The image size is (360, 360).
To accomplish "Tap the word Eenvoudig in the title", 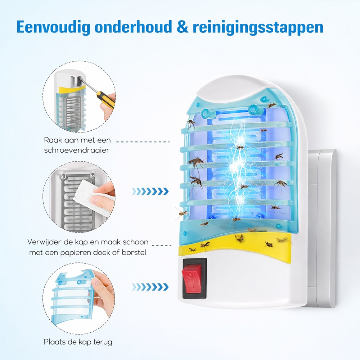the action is tap(53, 27).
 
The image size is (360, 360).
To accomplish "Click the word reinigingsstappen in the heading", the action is tap(258, 28).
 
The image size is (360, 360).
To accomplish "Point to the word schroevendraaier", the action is tap(77, 150).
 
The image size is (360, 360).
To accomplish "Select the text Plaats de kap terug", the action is tap(78, 342).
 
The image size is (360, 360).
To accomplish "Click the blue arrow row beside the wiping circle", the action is tap(150, 191).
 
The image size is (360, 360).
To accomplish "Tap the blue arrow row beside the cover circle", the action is tap(150, 287).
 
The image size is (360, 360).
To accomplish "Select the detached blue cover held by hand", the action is tap(73, 296).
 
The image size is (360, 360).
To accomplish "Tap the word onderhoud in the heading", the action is tap(134, 27).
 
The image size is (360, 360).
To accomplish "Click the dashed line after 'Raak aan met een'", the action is tap(143, 142).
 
